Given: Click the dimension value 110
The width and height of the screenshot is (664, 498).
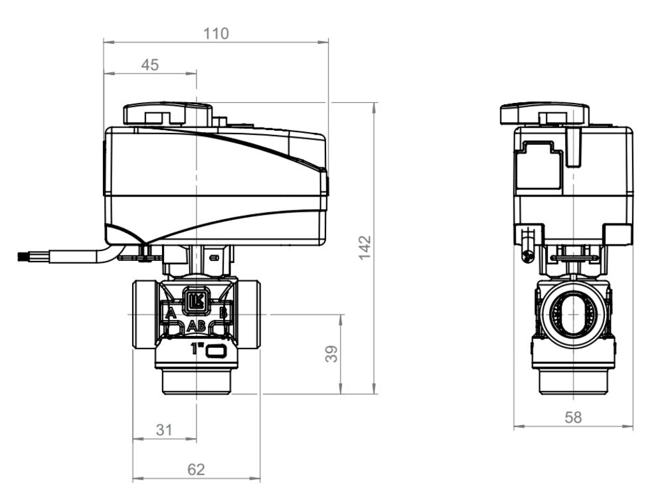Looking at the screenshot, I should point(216,33).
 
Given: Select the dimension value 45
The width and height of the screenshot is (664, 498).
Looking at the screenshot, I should point(150,64).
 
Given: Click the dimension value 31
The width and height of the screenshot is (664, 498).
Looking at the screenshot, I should point(163,430).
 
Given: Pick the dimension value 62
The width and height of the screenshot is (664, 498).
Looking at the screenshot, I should point(196,469).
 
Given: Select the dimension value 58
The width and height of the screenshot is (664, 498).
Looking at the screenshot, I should point(572,417).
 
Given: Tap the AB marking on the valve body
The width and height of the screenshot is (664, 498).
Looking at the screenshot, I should point(196,325).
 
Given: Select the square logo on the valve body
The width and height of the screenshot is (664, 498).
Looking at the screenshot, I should point(196,300).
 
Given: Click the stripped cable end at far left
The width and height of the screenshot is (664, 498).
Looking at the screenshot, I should point(25,255).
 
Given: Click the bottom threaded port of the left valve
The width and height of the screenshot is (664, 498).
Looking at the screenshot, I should point(196,382).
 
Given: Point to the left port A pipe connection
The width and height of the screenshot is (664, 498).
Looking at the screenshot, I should point(143,314).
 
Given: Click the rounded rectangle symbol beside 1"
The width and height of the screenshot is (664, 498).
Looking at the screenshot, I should point(216,351).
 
